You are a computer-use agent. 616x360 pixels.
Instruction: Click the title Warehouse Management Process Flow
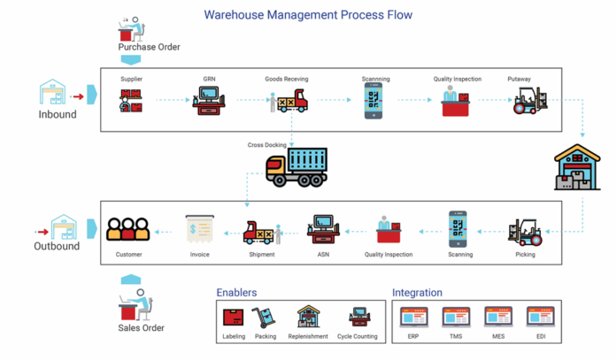[x=308, y=15]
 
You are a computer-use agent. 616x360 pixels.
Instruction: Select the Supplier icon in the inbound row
[x=132, y=102]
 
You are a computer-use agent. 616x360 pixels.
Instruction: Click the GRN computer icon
[x=210, y=101]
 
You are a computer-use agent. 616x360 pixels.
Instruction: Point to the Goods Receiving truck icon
[x=289, y=103]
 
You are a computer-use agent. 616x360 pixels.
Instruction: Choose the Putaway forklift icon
[x=530, y=101]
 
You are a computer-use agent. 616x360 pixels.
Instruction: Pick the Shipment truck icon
[x=261, y=233]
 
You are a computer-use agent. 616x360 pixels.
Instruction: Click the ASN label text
[x=323, y=255]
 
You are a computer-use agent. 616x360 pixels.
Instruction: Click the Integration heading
[x=417, y=293]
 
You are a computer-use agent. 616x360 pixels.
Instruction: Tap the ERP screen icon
[x=413, y=317]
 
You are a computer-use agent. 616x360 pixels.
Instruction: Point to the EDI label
[x=540, y=336]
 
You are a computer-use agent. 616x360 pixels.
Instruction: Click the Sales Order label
[x=142, y=328]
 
